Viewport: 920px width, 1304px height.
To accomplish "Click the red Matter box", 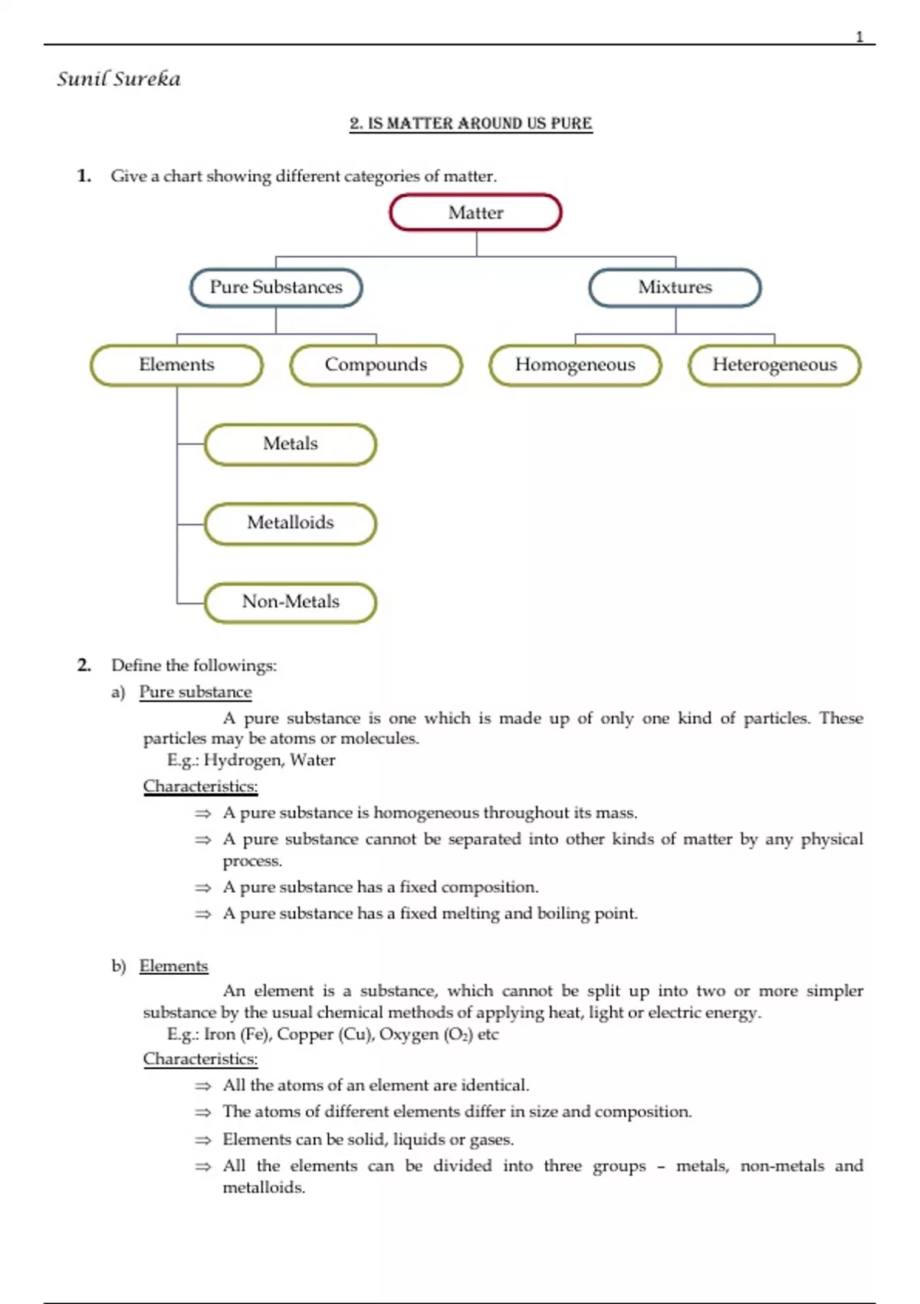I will [475, 212].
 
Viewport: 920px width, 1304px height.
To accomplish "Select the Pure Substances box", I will [276, 288].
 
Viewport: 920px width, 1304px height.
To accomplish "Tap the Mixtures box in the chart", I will [675, 288].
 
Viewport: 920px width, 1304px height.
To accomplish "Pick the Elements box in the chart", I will [176, 365].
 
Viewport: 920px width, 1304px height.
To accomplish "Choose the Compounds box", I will [376, 365].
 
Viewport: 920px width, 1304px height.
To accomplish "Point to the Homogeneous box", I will [575, 365].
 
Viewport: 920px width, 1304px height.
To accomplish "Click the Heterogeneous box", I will [774, 365].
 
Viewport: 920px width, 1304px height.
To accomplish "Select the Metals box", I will [291, 444].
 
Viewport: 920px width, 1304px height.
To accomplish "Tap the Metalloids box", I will [291, 523].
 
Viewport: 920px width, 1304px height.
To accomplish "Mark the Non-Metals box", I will [291, 602].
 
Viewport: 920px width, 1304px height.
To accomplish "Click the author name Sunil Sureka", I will [119, 79].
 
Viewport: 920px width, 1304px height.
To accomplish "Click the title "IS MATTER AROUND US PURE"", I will [471, 123].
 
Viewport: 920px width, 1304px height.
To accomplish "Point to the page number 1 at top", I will [859, 37].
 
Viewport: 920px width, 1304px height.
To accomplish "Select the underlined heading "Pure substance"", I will [195, 692].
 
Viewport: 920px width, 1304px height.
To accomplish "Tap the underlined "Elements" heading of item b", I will [173, 966].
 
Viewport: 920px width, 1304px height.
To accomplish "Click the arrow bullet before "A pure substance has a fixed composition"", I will [202, 888].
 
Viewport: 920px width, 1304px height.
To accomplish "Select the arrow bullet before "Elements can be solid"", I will [202, 1141].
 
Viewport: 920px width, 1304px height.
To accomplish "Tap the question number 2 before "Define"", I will [84, 665].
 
